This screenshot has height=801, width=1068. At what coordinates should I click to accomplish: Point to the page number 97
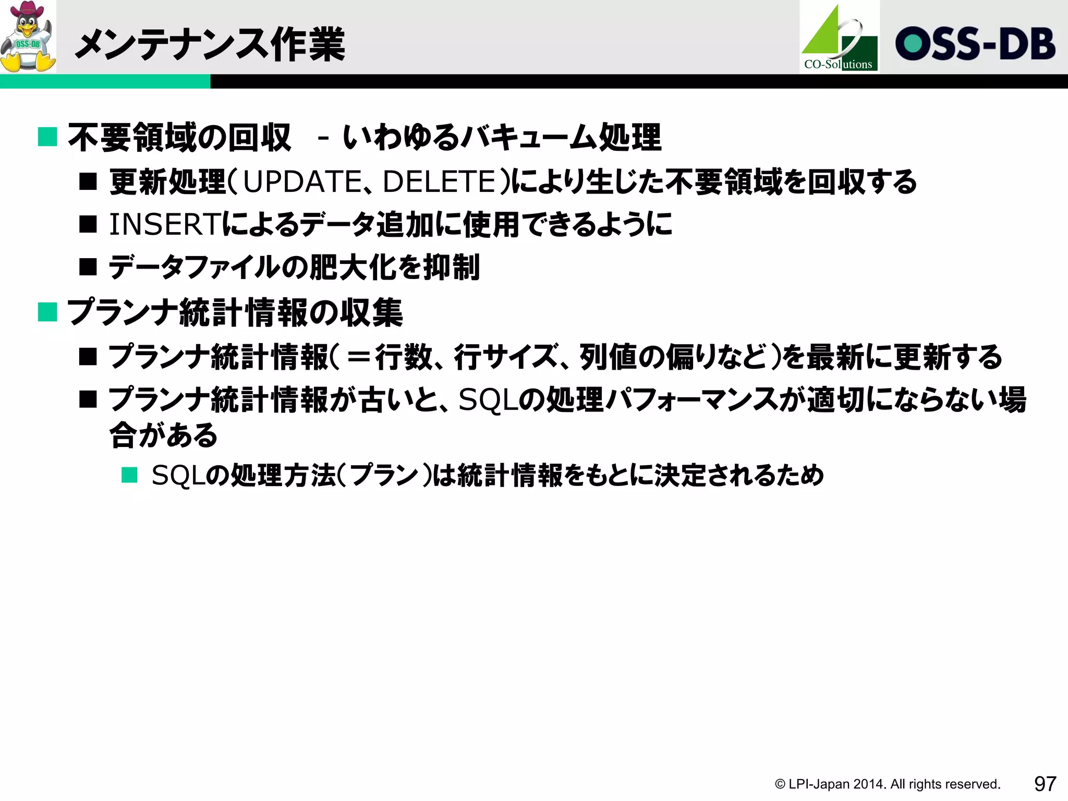point(1045,783)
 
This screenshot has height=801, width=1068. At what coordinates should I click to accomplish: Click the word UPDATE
point(302,182)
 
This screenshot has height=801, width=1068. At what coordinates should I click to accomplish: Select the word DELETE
point(439,182)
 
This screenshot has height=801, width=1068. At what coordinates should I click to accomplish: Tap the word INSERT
point(164,225)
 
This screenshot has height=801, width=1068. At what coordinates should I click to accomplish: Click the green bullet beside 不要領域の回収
point(47,137)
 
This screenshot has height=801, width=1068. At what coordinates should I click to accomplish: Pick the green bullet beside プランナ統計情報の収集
point(47,312)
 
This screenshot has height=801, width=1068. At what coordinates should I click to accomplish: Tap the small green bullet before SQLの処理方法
point(129,475)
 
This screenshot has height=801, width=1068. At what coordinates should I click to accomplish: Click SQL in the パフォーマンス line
point(487,400)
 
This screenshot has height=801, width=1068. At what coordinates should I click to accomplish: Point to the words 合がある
point(163,435)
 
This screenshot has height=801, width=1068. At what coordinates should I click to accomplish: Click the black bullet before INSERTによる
point(88,225)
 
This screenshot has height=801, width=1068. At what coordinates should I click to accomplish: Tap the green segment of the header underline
point(105,81)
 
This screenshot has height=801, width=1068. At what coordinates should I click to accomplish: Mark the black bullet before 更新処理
point(88,182)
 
